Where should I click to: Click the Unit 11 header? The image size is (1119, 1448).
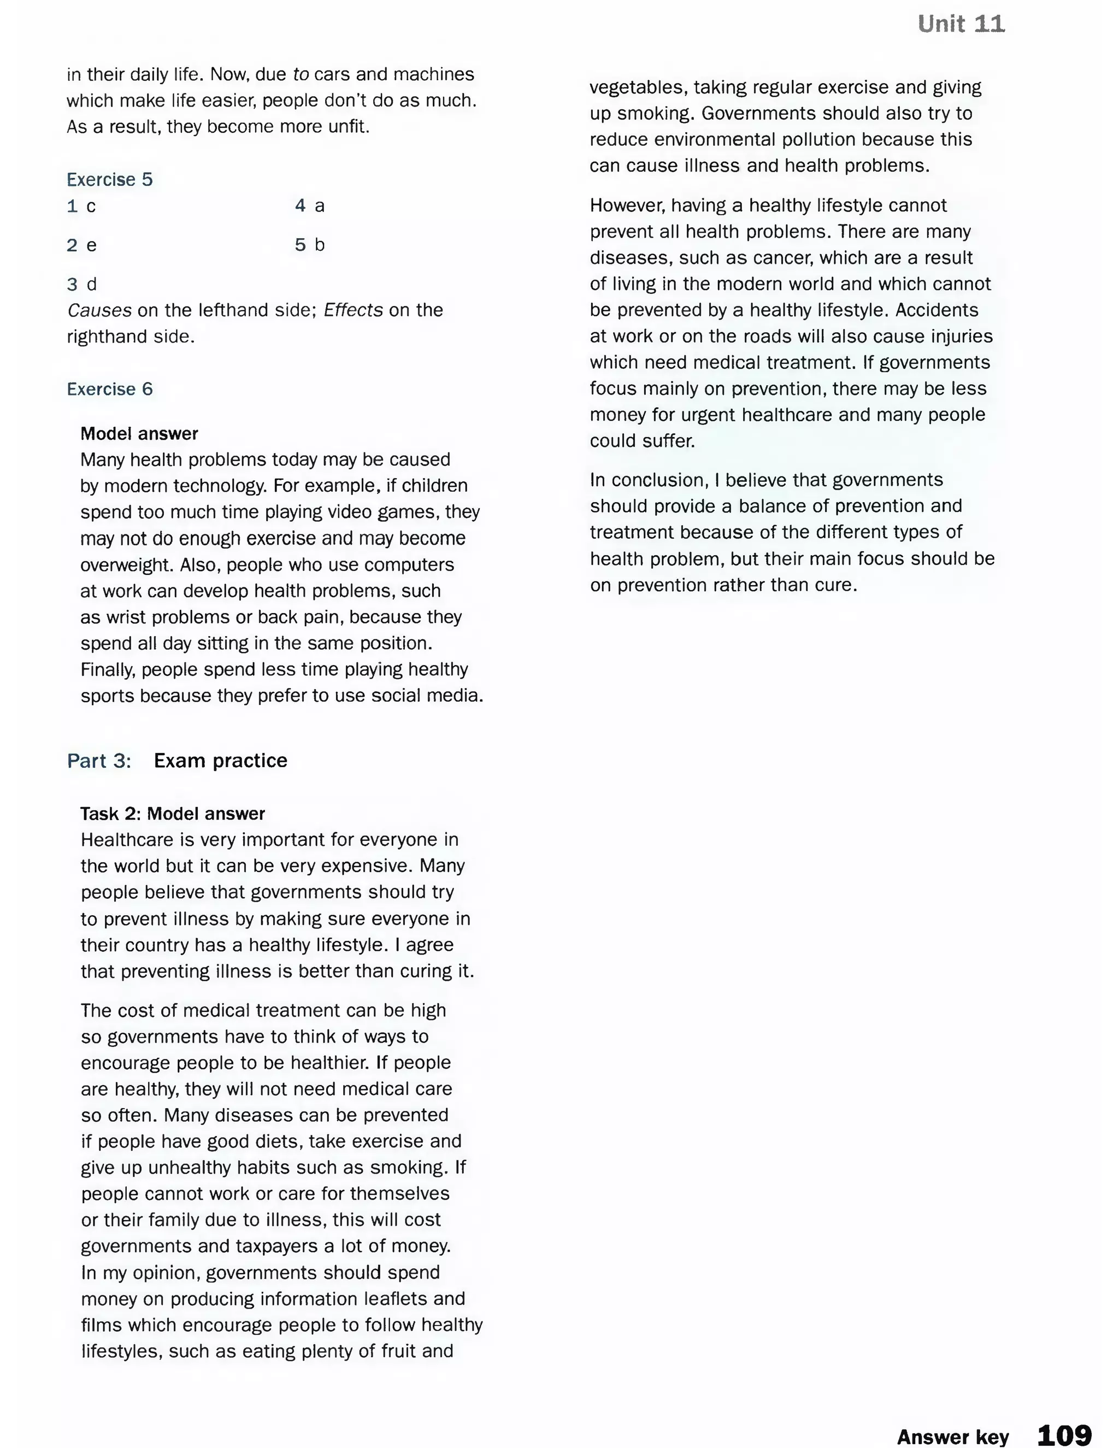pos(961,24)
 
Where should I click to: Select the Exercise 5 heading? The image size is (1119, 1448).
pos(109,180)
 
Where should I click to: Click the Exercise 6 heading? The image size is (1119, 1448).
pos(109,389)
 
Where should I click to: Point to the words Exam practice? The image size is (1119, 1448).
pos(220,761)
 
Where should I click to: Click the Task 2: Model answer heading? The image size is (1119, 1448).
pos(172,814)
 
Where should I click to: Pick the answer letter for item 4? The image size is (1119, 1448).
pos(320,206)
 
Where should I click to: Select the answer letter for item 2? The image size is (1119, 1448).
pos(91,246)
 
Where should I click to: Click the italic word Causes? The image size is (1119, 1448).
pos(99,310)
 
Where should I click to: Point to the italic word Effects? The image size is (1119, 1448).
pos(352,310)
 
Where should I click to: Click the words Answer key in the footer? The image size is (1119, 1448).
pos(952,1437)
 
